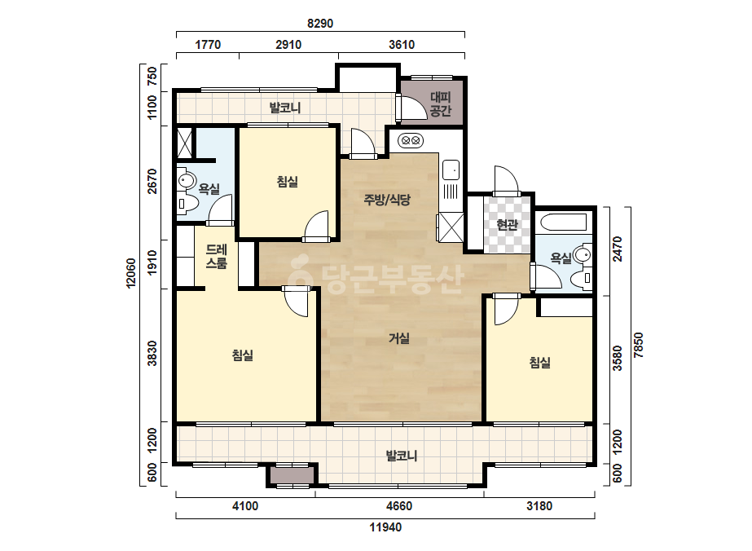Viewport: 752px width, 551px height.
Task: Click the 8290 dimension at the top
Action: (320, 23)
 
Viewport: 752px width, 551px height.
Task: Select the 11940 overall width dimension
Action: (385, 527)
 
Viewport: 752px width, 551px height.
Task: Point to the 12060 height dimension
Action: (131, 273)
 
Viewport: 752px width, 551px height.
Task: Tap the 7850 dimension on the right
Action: (638, 345)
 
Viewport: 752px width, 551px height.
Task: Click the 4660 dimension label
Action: (399, 506)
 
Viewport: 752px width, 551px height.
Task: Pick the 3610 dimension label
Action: (402, 45)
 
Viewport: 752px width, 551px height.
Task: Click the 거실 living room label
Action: (399, 338)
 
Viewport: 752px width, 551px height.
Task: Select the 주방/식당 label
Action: (387, 200)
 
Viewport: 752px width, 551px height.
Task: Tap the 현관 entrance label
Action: (508, 224)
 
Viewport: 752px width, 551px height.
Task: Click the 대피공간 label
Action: (440, 104)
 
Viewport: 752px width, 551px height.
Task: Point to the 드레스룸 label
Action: (216, 256)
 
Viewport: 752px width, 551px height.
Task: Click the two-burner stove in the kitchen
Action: (411, 141)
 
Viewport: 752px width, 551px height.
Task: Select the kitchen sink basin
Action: (451, 170)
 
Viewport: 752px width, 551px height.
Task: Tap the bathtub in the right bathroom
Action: (564, 223)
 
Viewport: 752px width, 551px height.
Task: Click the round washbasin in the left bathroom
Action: (186, 181)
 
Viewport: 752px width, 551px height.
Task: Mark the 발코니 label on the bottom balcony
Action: (402, 456)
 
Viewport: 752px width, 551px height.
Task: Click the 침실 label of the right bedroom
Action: (539, 363)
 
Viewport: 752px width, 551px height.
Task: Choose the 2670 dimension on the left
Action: (152, 182)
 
